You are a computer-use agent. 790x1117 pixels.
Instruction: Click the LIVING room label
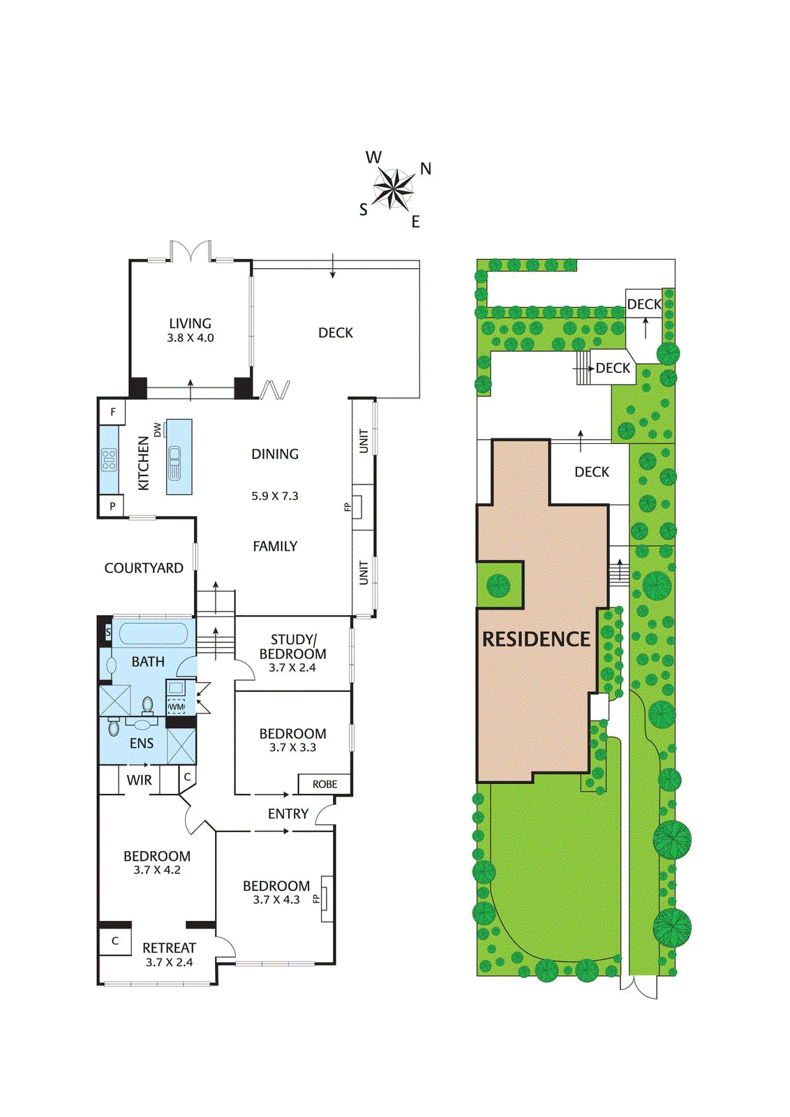click(190, 323)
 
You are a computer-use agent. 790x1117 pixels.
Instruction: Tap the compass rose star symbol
click(394, 188)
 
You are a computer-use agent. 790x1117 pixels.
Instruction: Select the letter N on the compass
click(426, 168)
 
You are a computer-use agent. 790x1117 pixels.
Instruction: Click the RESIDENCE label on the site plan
click(536, 639)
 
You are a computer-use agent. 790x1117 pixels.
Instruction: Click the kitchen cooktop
click(109, 460)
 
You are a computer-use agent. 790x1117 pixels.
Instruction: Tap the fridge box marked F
click(112, 412)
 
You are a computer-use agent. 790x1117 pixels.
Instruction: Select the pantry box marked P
click(112, 506)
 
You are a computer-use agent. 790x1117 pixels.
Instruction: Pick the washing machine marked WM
click(177, 707)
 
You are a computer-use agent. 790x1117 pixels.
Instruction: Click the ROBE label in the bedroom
click(325, 785)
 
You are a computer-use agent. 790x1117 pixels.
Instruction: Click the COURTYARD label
click(144, 568)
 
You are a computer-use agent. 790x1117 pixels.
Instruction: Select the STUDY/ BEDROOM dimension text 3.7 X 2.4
click(292, 667)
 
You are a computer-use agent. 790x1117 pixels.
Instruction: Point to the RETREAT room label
click(169, 948)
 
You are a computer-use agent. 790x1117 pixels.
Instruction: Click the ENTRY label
click(288, 814)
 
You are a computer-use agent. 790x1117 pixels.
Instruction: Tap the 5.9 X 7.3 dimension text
click(275, 496)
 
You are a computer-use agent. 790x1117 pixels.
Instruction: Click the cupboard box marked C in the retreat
click(115, 941)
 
